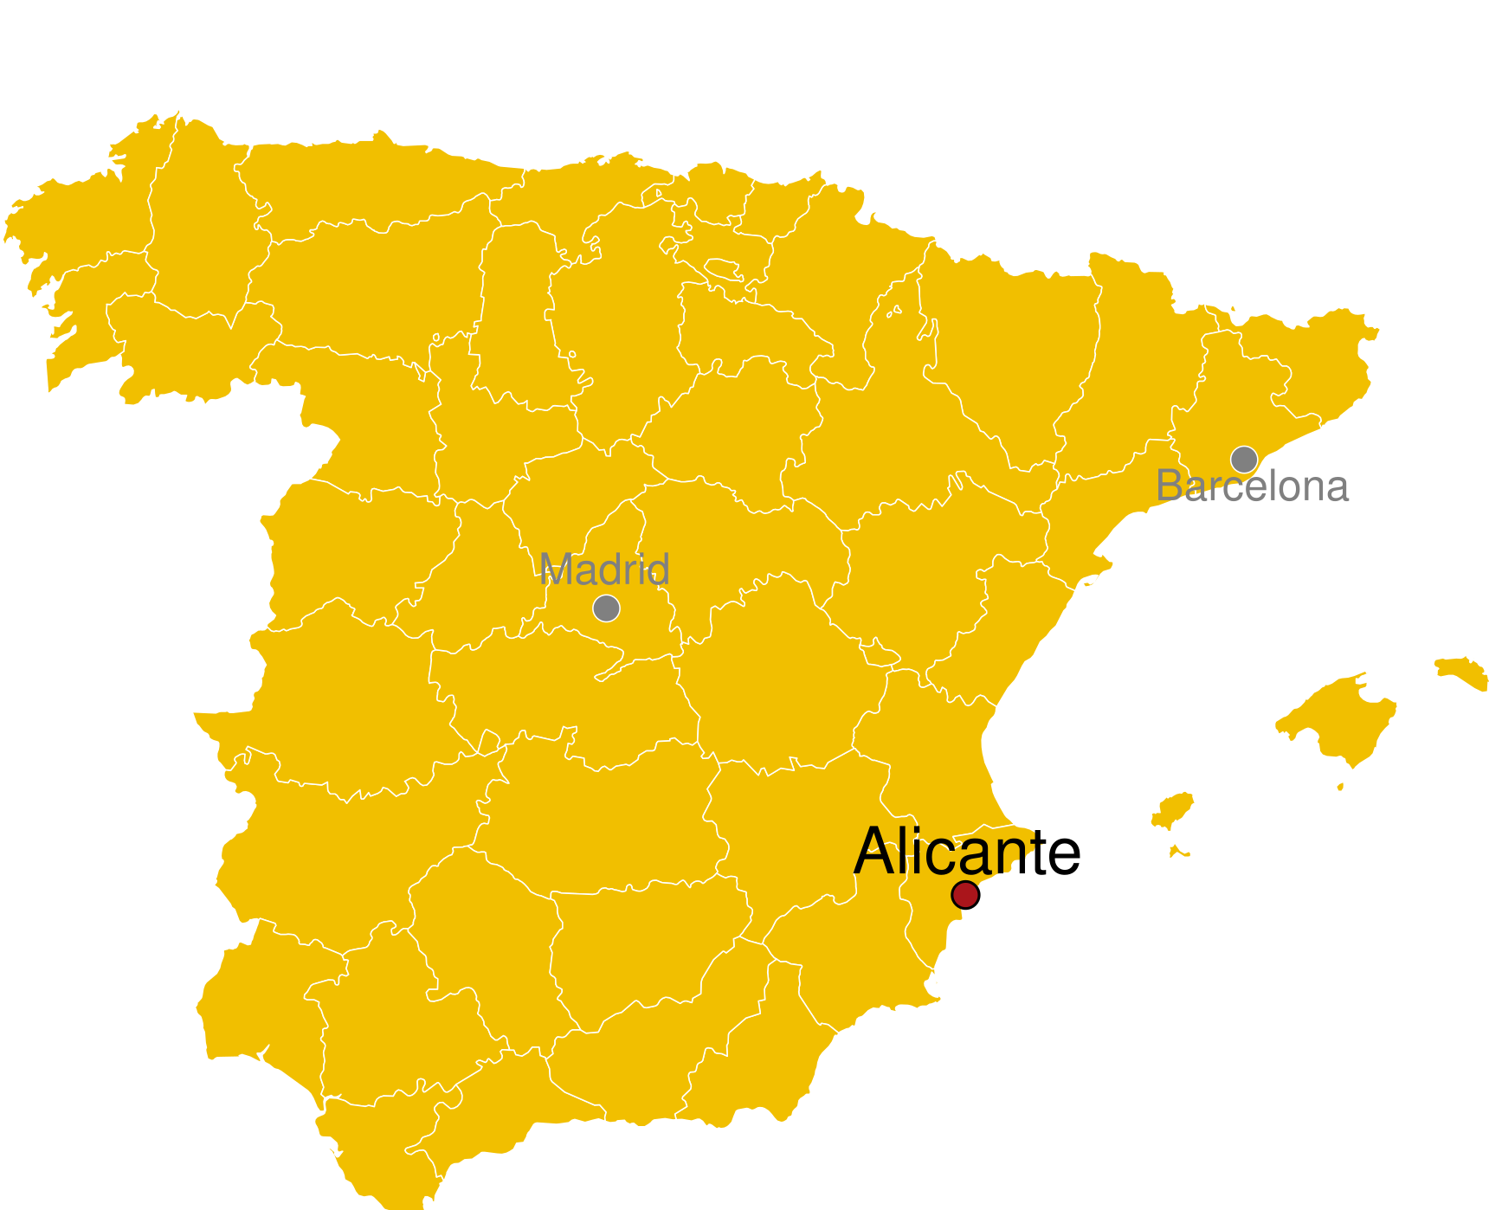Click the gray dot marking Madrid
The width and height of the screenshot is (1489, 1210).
[x=606, y=608]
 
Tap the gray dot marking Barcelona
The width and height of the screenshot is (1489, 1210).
[x=1244, y=459]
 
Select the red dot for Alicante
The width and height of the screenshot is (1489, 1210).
[x=964, y=894]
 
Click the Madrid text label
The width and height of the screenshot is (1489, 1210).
[x=604, y=570]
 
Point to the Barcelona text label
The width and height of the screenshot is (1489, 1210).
[x=1253, y=486]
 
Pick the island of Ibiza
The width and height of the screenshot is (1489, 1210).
[x=1174, y=811]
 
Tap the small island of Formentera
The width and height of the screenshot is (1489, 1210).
[x=1178, y=852]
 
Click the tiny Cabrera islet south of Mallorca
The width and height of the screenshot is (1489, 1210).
[x=1340, y=787]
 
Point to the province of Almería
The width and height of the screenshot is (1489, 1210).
[x=762, y=1056]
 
